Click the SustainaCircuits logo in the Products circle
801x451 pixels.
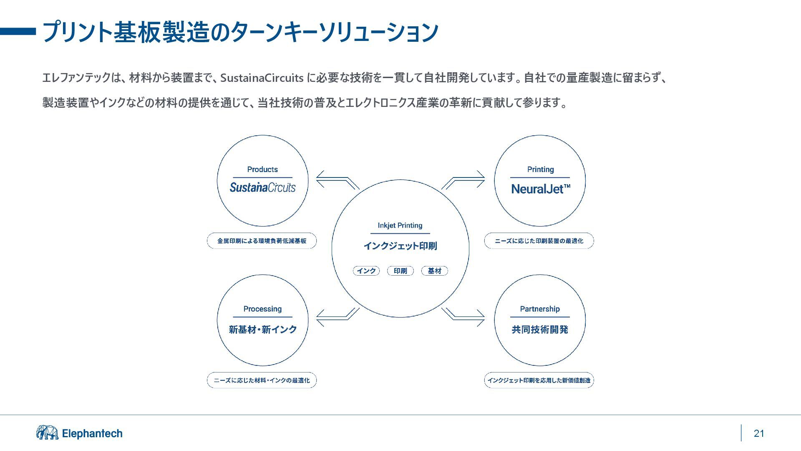coord(262,187)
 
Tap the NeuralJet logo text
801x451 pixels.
coord(540,189)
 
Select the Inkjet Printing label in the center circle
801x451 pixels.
coord(400,225)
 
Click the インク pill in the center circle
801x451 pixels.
coord(366,271)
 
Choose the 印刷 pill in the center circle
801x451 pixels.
coord(400,271)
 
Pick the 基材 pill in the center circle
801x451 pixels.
coord(435,271)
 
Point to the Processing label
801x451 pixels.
coord(262,309)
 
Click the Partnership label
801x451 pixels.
coord(540,309)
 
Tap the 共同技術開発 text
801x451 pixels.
coord(540,329)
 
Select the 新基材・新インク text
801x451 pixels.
coord(262,329)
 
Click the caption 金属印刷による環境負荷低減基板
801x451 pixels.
coord(262,241)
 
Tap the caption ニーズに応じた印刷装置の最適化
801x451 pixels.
coord(539,241)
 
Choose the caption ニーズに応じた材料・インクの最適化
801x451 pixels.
coord(262,380)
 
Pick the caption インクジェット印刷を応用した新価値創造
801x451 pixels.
coord(539,380)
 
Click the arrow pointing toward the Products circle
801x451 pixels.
coord(337,180)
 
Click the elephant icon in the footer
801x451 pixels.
coord(47,433)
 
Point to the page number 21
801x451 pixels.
coord(759,433)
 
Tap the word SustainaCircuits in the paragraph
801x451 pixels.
coord(262,78)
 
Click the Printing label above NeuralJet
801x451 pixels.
coord(540,170)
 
